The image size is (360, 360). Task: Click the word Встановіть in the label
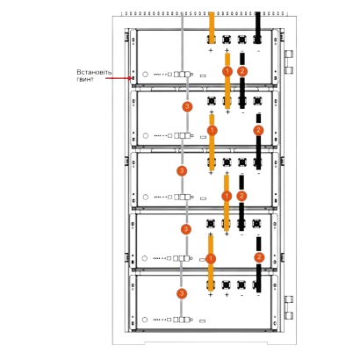tap(94, 72)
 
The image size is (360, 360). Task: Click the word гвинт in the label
tap(85, 79)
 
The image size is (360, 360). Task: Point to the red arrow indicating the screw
tap(118, 78)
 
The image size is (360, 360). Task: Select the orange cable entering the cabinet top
tap(212, 28)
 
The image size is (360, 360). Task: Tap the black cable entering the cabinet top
tap(258, 28)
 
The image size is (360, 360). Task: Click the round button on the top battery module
tap(145, 74)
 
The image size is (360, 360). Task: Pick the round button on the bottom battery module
tap(145, 320)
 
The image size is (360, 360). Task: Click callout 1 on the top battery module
tap(227, 71)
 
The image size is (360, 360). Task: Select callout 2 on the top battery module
tap(242, 71)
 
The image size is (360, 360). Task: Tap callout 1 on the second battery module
tap(212, 130)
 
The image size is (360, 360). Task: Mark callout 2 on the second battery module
tap(258, 130)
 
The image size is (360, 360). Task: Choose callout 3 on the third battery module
tap(182, 170)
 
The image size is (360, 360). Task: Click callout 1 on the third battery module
tap(227, 196)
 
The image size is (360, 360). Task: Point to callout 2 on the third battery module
tap(241, 196)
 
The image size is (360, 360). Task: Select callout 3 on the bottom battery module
tap(182, 293)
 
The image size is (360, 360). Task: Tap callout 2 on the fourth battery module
tap(259, 257)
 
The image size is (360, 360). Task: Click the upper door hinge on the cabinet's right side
tap(289, 61)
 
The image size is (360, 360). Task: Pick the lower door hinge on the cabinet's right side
tap(289, 307)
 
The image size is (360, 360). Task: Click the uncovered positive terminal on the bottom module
tap(227, 284)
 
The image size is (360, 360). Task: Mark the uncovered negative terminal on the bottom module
tap(241, 284)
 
